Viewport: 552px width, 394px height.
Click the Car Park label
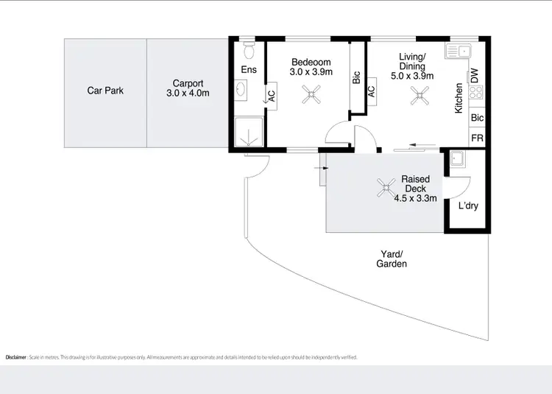(x=105, y=91)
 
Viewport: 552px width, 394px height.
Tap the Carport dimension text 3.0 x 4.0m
(x=188, y=94)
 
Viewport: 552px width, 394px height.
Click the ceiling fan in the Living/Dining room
(x=422, y=94)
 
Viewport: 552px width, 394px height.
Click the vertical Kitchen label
(x=459, y=98)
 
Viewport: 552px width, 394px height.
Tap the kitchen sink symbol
(x=458, y=51)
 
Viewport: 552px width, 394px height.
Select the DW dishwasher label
(x=475, y=74)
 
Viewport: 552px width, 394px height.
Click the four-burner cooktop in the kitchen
(x=475, y=94)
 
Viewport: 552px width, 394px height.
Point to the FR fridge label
(x=477, y=138)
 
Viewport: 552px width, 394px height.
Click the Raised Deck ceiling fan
(x=385, y=189)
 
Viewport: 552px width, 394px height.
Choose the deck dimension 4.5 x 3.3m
(x=416, y=198)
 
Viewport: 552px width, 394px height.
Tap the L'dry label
(x=468, y=205)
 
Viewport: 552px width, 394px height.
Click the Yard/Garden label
(x=392, y=258)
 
